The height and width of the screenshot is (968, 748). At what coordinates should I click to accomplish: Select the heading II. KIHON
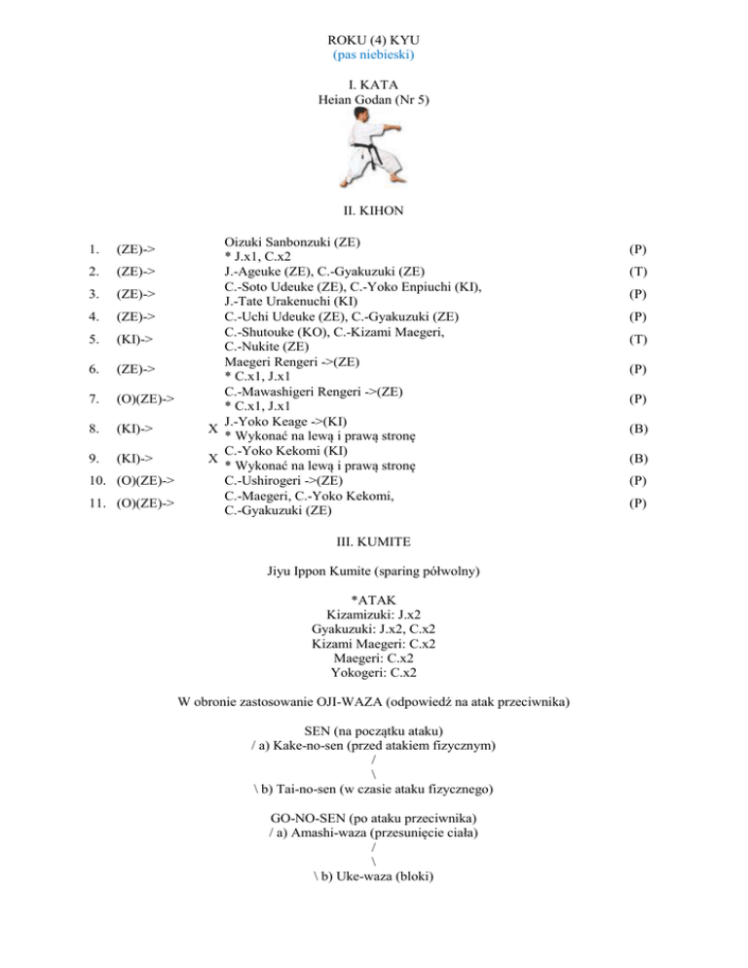(374, 208)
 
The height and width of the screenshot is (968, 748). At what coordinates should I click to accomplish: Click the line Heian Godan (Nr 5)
(374, 99)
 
